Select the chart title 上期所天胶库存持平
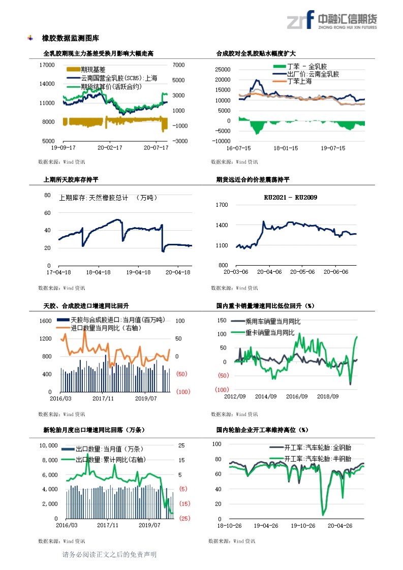click(x=71, y=179)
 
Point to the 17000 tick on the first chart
click(x=47, y=65)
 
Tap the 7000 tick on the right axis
click(x=178, y=65)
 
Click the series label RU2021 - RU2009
click(x=291, y=198)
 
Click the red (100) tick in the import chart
click(x=183, y=392)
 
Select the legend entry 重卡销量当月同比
click(x=270, y=333)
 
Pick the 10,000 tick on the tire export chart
click(x=48, y=446)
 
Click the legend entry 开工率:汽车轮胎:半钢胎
click(x=317, y=459)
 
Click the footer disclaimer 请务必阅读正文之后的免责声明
click(x=109, y=555)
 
